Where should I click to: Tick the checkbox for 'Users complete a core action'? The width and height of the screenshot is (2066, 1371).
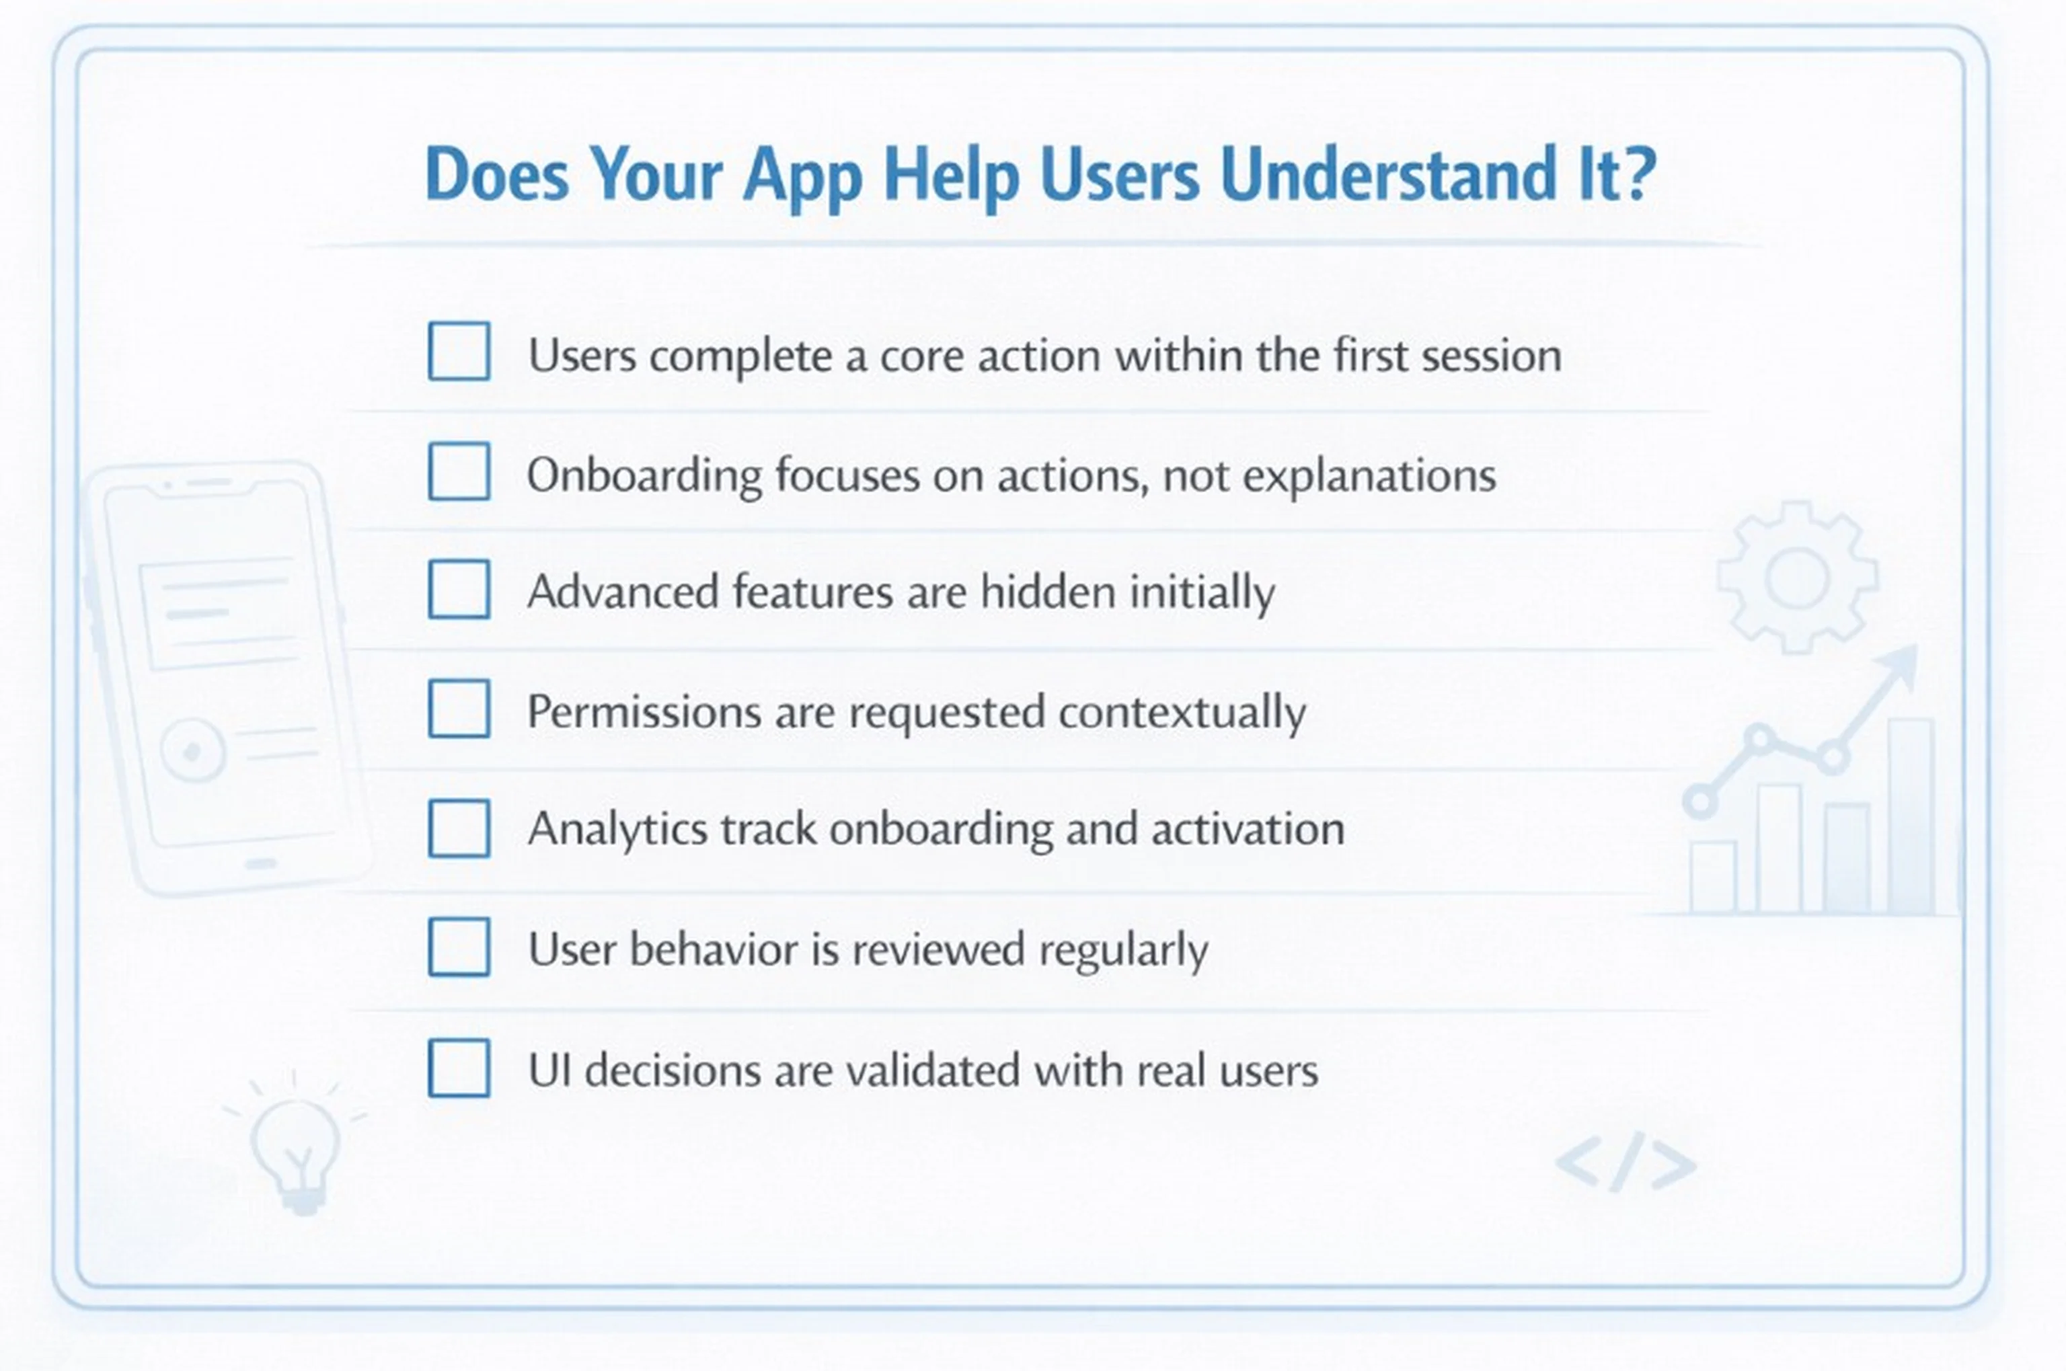tap(459, 352)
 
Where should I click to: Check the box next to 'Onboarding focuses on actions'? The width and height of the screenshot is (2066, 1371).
tap(459, 471)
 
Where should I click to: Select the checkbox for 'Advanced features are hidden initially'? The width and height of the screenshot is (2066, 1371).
tap(459, 589)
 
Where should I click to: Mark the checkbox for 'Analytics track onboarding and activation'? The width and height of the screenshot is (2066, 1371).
tap(459, 828)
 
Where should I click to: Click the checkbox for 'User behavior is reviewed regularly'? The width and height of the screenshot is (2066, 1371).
tap(459, 947)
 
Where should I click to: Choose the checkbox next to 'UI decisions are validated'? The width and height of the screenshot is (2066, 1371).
tap(459, 1068)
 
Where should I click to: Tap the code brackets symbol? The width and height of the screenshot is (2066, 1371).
tap(1626, 1164)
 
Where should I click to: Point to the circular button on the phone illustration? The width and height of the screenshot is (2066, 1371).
tap(192, 750)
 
